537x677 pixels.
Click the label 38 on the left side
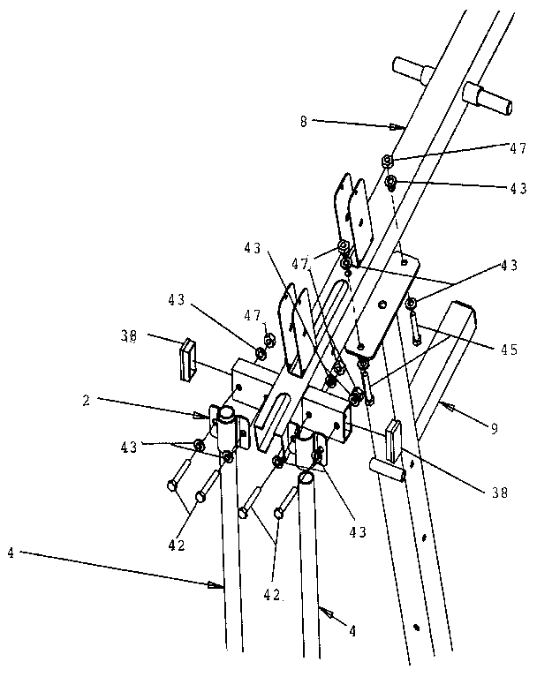tap(128, 335)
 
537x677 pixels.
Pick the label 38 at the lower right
tap(499, 492)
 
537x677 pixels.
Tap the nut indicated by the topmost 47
tap(386, 161)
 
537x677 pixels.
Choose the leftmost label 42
tap(177, 545)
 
